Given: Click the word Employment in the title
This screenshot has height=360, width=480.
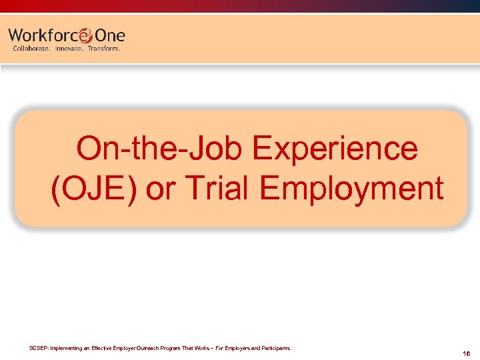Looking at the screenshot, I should coord(352,189).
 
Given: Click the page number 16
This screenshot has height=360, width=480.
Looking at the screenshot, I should coord(466,354).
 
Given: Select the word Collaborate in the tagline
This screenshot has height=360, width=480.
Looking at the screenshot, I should coord(31,49).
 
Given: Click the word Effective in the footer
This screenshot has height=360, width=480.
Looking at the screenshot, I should coord(107,348).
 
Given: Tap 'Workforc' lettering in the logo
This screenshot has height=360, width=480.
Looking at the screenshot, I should coord(43,35).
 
